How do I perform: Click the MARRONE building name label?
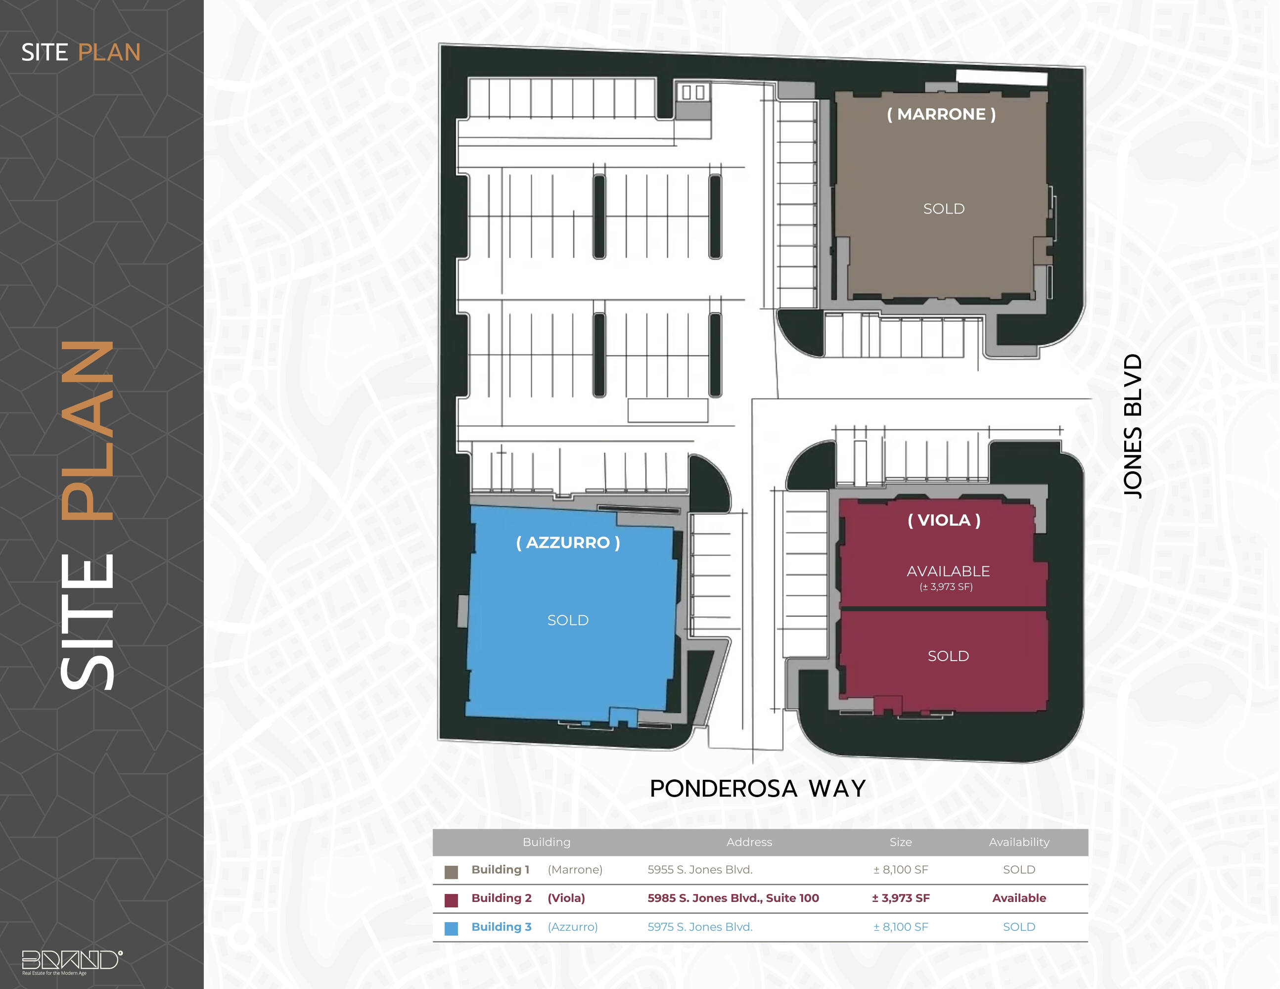[x=941, y=114]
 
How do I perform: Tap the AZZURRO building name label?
[x=568, y=542]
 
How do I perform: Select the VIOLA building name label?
[x=944, y=520]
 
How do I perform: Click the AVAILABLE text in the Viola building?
[x=948, y=571]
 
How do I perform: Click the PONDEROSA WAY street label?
[x=758, y=789]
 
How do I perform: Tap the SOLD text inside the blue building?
[x=568, y=620]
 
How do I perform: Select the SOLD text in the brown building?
[x=944, y=209]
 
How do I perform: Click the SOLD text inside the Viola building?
[x=948, y=656]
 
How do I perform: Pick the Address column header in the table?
[x=749, y=842]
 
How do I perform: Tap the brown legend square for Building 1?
[x=451, y=872]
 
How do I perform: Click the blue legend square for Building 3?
[x=451, y=929]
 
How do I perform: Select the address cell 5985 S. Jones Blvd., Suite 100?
[x=733, y=898]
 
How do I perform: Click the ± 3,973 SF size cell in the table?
[x=901, y=898]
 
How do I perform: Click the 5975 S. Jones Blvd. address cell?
[x=700, y=927]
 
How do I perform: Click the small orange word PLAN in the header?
[x=110, y=53]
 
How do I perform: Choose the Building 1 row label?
[x=501, y=869]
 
